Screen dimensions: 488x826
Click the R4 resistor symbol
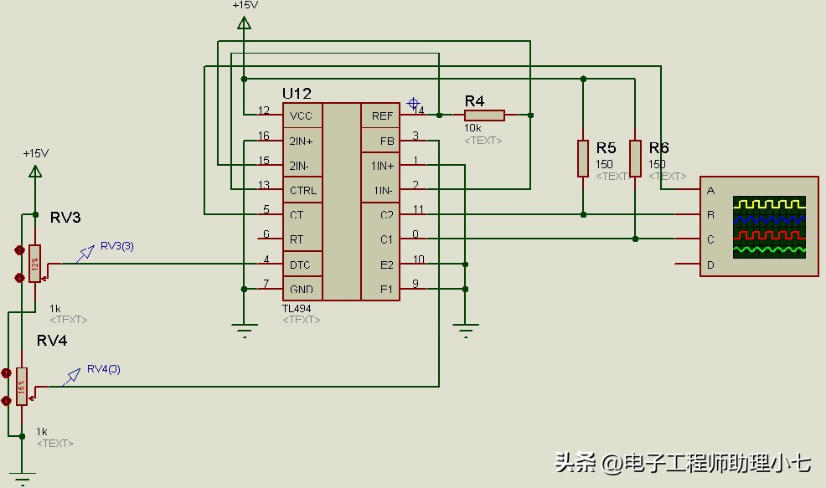(484, 116)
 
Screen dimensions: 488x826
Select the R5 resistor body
(583, 158)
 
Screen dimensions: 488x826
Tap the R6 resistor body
(636, 158)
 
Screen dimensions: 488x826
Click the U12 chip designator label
(297, 94)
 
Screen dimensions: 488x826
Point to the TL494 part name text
(297, 308)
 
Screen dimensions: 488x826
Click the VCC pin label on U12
(300, 116)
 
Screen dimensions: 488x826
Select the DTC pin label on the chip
(300, 265)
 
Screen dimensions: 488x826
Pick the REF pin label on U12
(382, 116)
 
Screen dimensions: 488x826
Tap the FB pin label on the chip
(387, 141)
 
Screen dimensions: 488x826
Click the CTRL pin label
(302, 190)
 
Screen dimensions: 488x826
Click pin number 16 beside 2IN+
(264, 136)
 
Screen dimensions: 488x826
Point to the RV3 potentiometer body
(34, 263)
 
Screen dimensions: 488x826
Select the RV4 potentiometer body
(22, 385)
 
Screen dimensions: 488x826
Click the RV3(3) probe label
(116, 246)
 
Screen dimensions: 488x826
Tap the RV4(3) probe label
(104, 369)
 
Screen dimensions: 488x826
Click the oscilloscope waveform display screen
(769, 226)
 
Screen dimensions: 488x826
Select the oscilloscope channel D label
(711, 265)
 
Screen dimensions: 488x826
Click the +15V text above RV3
(36, 153)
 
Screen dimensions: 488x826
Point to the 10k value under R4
(472, 128)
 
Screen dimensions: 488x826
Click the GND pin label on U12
(301, 290)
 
